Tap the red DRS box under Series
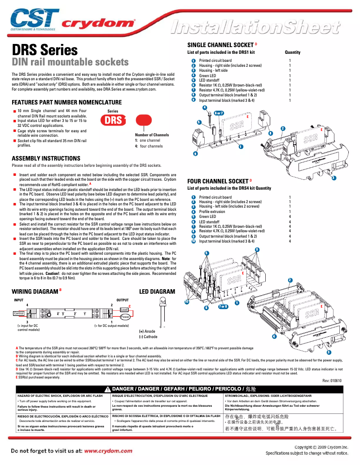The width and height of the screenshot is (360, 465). [x=114, y=120]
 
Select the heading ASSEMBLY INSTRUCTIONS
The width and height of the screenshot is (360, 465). [x=46, y=158]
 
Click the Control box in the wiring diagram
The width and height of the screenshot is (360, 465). [x=19, y=313]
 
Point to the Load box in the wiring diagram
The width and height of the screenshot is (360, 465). [x=124, y=309]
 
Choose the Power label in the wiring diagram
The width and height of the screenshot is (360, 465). [x=125, y=317]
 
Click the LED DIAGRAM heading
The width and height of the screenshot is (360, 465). [x=157, y=291]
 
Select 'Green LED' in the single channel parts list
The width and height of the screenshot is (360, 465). [x=207, y=75]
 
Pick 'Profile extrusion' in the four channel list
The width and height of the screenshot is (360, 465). [x=212, y=212]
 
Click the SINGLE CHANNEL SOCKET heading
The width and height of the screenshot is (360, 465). [x=220, y=45]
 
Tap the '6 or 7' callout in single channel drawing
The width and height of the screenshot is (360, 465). [x=219, y=113]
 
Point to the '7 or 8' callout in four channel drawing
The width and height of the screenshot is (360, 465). [x=223, y=307]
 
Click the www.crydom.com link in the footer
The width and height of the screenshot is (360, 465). [x=108, y=451]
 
